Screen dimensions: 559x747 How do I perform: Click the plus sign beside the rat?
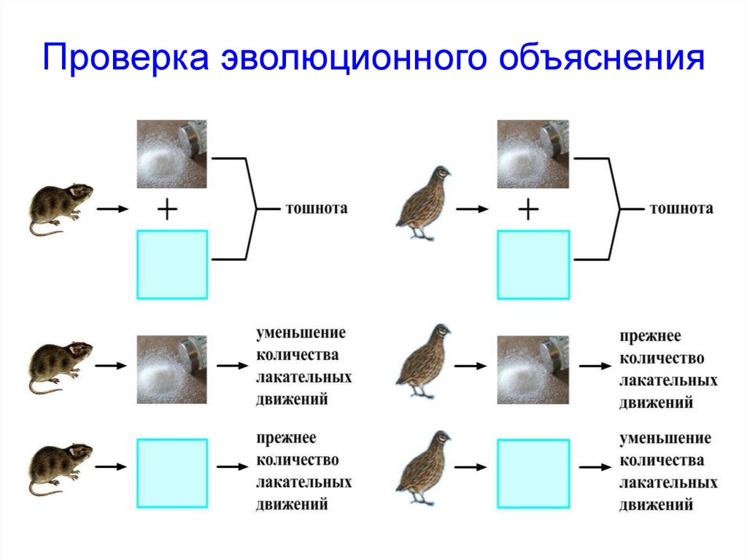pyautogui.click(x=168, y=210)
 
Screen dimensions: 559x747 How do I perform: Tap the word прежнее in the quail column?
pyautogui.click(x=651, y=337)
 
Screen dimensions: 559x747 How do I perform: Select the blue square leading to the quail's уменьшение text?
pyautogui.click(x=533, y=473)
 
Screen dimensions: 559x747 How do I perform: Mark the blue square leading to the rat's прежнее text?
pyautogui.click(x=172, y=473)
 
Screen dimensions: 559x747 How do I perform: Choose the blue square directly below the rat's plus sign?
pyautogui.click(x=172, y=264)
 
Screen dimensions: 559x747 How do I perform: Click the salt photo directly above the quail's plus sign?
pyautogui.click(x=533, y=155)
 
